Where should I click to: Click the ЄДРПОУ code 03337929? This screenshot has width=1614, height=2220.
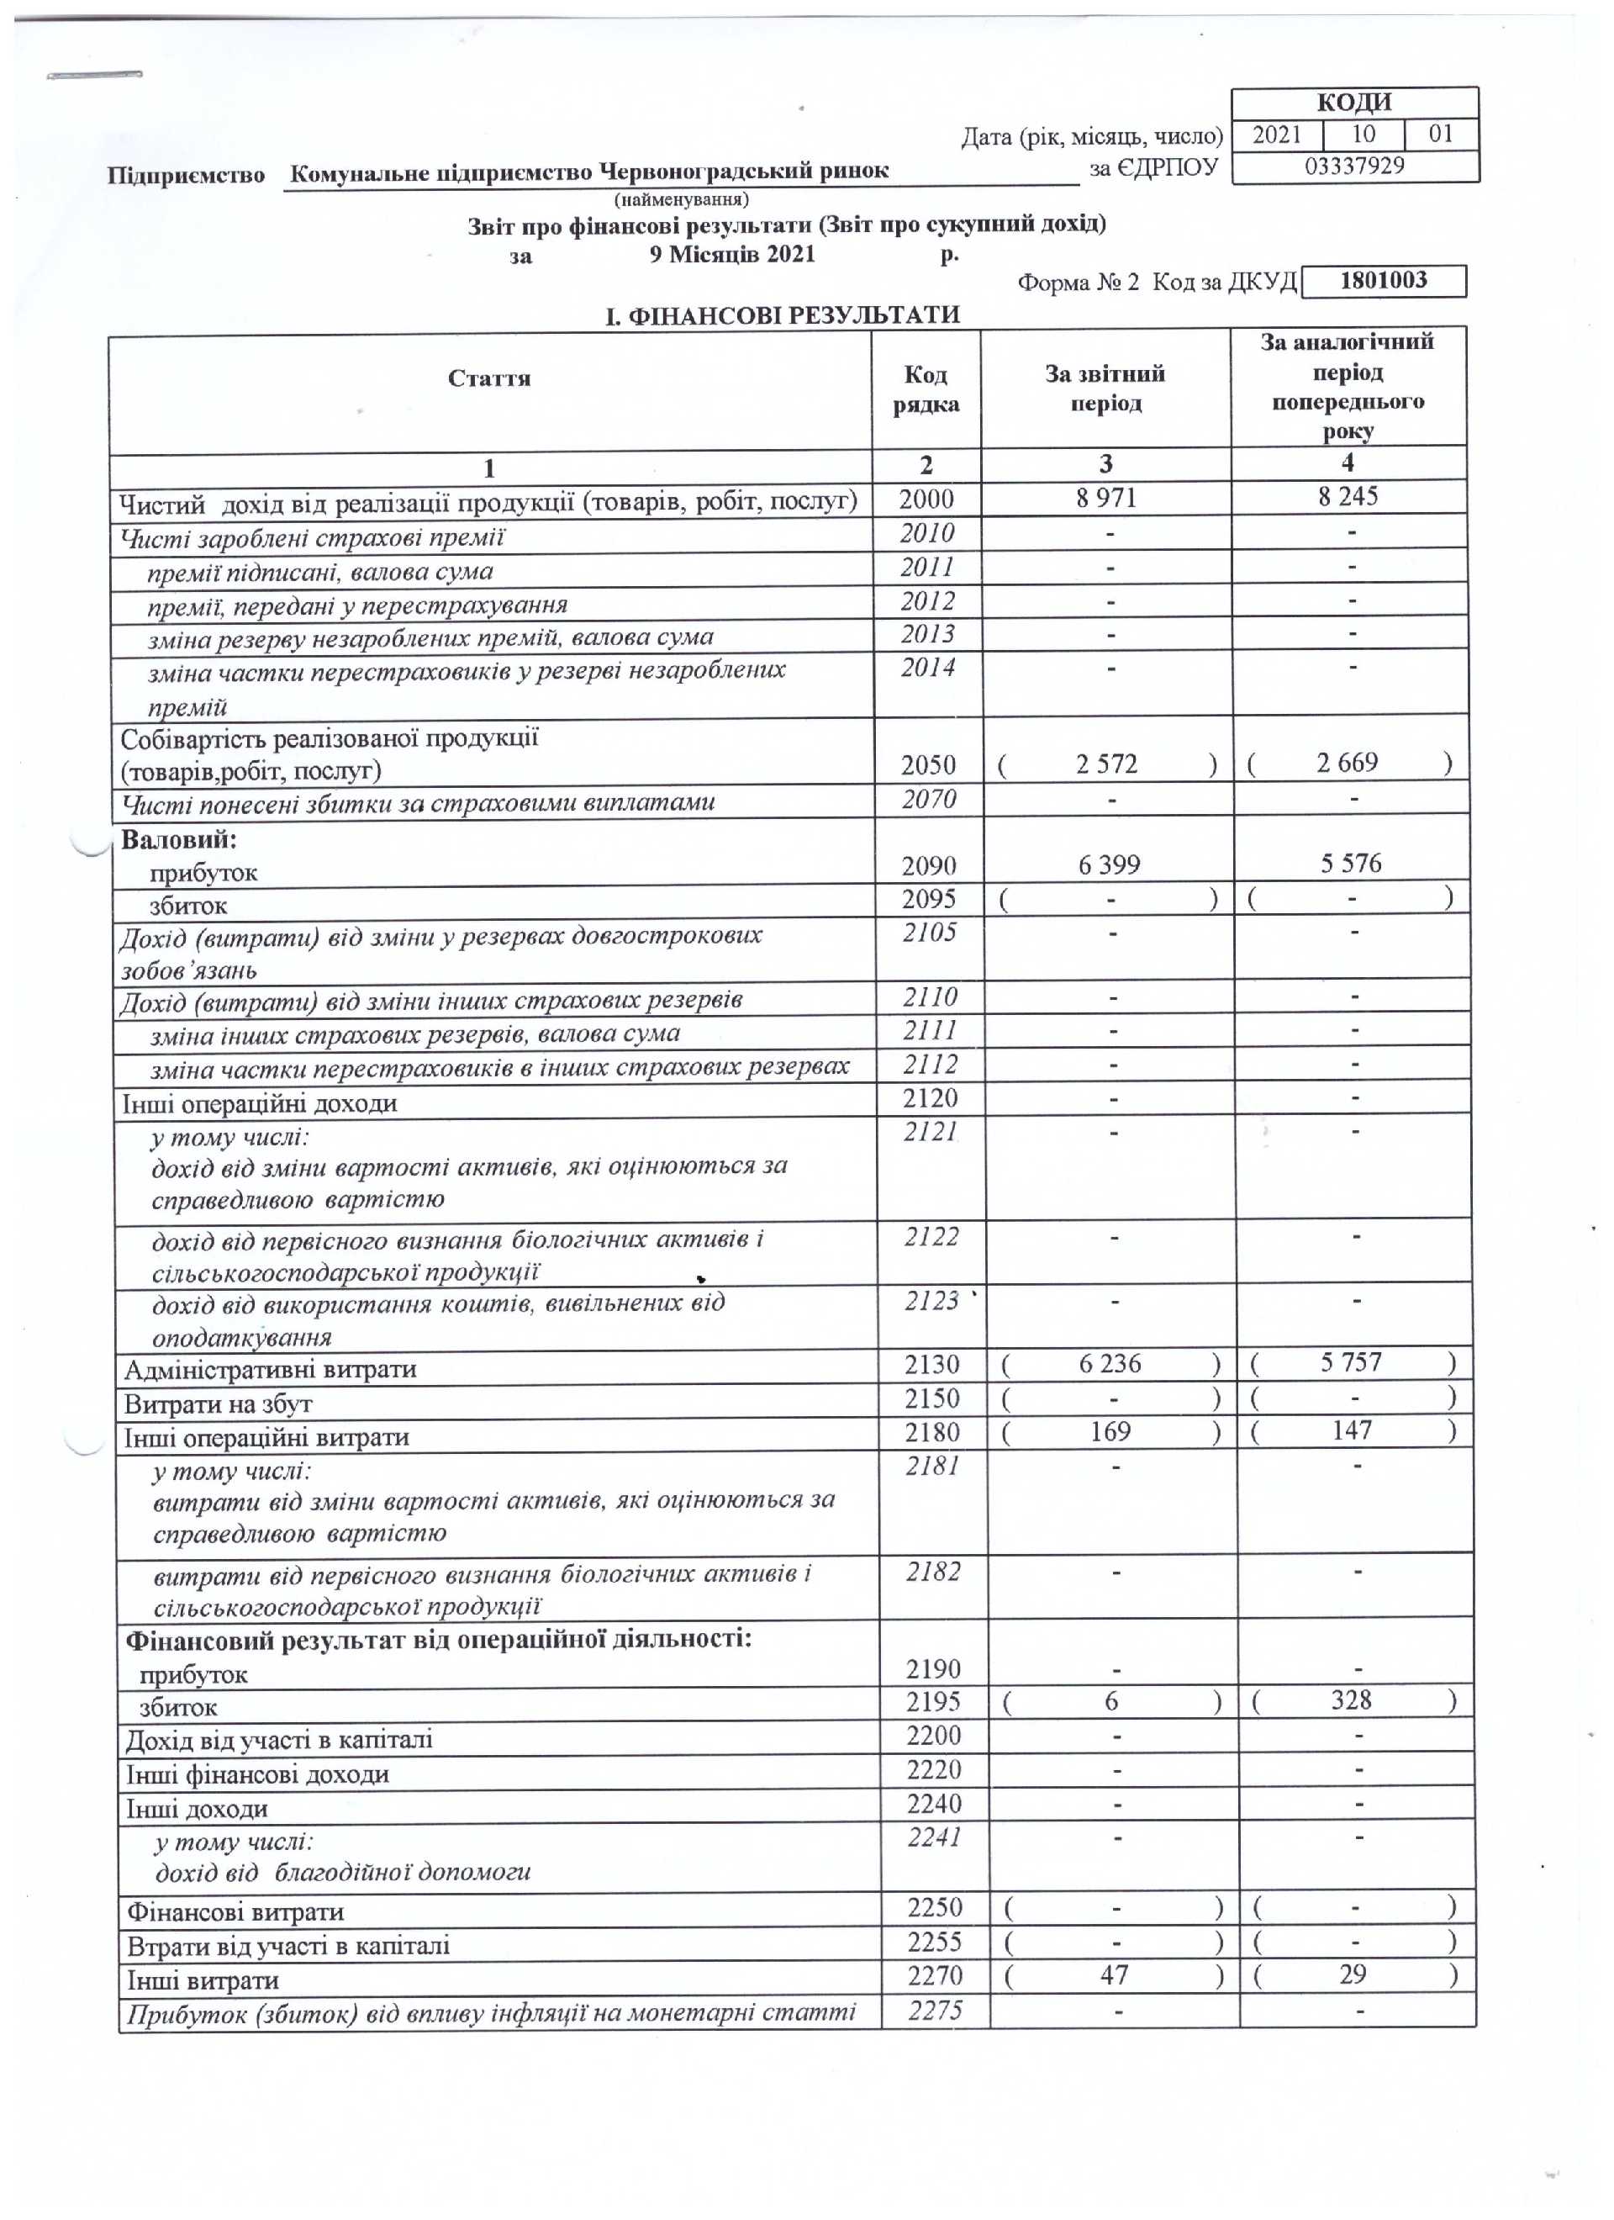click(x=1353, y=166)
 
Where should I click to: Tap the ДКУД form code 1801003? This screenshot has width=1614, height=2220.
click(x=1383, y=281)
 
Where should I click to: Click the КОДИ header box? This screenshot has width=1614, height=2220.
click(x=1353, y=103)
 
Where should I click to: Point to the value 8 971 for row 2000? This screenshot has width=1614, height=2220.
click(x=1106, y=498)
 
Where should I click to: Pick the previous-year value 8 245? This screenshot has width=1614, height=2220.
click(x=1348, y=496)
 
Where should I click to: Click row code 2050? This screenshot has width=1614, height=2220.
click(x=928, y=764)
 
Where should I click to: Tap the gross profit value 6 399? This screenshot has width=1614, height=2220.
click(x=1109, y=865)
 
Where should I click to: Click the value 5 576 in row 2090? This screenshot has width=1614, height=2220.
click(x=1351, y=864)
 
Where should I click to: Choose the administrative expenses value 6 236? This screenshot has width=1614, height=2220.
click(x=1110, y=1363)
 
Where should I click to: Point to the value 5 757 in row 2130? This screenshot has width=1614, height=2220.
click(x=1351, y=1361)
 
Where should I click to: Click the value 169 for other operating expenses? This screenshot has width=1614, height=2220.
click(x=1110, y=1432)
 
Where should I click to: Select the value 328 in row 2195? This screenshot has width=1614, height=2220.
click(x=1351, y=1700)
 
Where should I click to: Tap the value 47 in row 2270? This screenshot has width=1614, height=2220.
click(x=1114, y=1975)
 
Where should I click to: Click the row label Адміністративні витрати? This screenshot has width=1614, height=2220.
click(x=270, y=1369)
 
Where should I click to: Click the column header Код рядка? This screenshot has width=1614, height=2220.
click(x=925, y=389)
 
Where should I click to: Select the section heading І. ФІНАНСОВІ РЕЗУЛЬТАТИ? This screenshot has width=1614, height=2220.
click(x=782, y=315)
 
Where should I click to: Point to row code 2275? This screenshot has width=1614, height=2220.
click(x=935, y=2011)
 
